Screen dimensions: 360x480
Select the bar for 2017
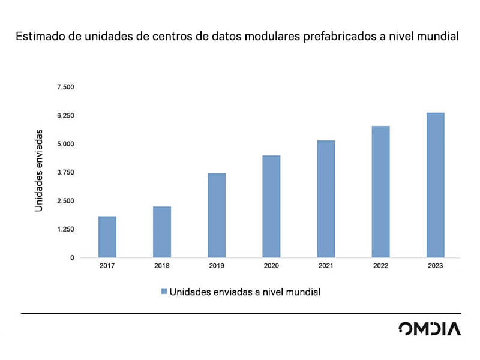(x=107, y=237)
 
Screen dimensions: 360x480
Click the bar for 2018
(x=162, y=232)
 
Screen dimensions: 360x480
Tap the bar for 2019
(x=217, y=215)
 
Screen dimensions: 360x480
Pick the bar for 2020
(x=271, y=206)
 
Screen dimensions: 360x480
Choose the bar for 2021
(x=326, y=199)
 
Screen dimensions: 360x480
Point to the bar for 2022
(x=380, y=192)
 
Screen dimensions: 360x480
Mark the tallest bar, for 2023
(x=435, y=185)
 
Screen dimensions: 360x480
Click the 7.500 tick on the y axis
(x=65, y=88)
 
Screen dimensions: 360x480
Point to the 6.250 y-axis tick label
(x=65, y=116)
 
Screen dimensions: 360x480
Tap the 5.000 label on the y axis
(x=65, y=144)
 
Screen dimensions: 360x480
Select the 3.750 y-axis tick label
(x=65, y=173)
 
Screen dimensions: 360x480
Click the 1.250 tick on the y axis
(x=65, y=229)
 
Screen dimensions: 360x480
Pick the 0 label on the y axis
(x=72, y=258)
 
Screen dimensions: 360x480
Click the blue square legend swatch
(x=163, y=292)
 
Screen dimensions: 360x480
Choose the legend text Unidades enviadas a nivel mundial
(x=245, y=292)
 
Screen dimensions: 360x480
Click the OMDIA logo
(x=430, y=329)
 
